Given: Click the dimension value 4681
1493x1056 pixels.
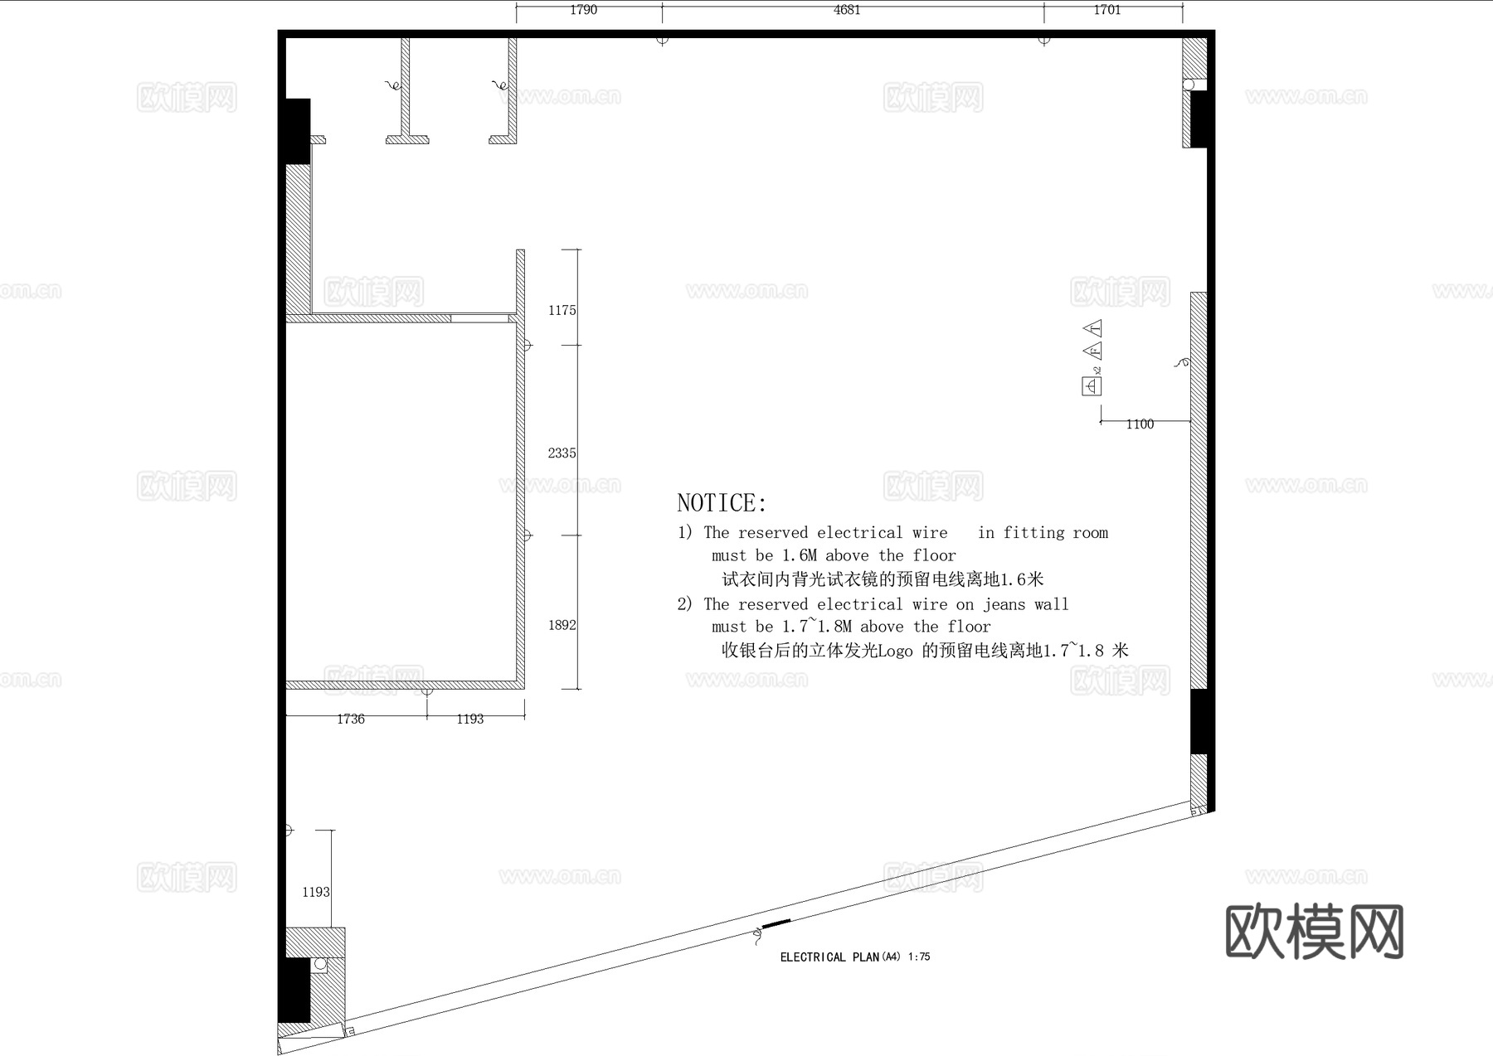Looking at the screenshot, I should click(847, 10).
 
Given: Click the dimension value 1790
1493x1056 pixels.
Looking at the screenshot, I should click(583, 10).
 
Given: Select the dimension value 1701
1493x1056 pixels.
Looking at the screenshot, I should click(1106, 10).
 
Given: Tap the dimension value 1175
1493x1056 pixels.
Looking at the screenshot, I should click(562, 310).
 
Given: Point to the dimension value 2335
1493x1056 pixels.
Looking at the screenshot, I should click(562, 453).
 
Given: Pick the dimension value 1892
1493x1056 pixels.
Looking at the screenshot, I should click(562, 625).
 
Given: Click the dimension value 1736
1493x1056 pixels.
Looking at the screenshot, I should click(350, 719).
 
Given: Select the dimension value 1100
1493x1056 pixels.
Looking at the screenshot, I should click(1140, 424).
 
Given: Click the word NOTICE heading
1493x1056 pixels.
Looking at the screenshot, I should click(722, 503).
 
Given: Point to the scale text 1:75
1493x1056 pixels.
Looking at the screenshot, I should click(919, 957).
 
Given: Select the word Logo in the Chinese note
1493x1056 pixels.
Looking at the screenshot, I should click(894, 651).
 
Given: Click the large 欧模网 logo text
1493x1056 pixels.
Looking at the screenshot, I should click(1314, 932).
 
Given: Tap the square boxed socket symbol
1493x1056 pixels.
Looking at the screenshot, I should click(1092, 386).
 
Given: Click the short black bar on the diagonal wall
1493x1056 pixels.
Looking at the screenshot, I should click(776, 923).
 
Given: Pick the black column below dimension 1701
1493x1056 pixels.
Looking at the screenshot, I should click(1199, 119).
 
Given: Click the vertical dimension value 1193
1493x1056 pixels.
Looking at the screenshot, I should click(315, 892).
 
